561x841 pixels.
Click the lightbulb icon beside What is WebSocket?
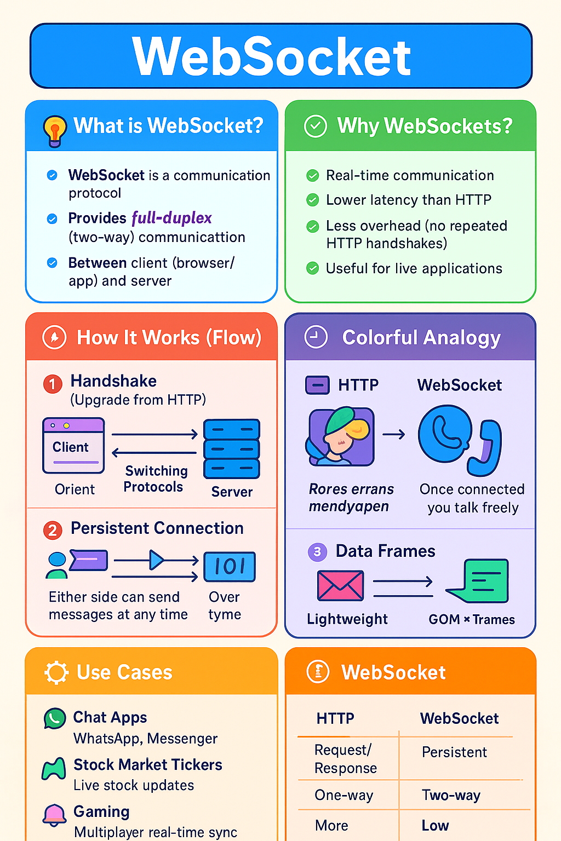coord(55,130)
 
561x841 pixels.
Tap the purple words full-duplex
coord(171,218)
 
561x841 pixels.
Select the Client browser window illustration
coord(73,446)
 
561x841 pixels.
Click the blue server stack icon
coord(231,449)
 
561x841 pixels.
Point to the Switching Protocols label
coord(156,479)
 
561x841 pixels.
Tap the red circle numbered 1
coord(53,384)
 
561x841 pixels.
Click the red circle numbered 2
coord(53,530)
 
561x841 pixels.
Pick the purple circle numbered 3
coord(317,552)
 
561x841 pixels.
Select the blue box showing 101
coord(230,567)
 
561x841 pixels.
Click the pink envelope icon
coord(340,585)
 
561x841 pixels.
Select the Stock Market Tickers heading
coord(148,765)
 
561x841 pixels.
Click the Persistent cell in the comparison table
coord(454,752)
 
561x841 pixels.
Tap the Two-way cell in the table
coord(451,795)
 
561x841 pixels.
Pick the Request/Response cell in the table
coord(345,759)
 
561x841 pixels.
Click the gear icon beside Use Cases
coord(56,672)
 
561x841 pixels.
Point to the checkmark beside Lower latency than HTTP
coord(313,200)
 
